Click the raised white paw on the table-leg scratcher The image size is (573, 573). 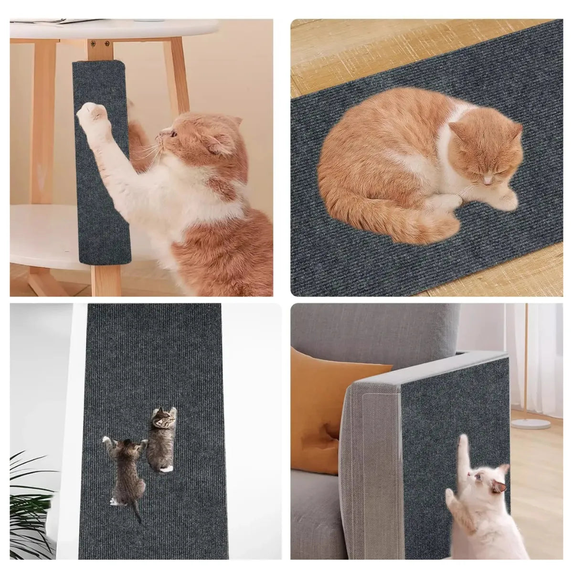[x=92, y=115]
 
